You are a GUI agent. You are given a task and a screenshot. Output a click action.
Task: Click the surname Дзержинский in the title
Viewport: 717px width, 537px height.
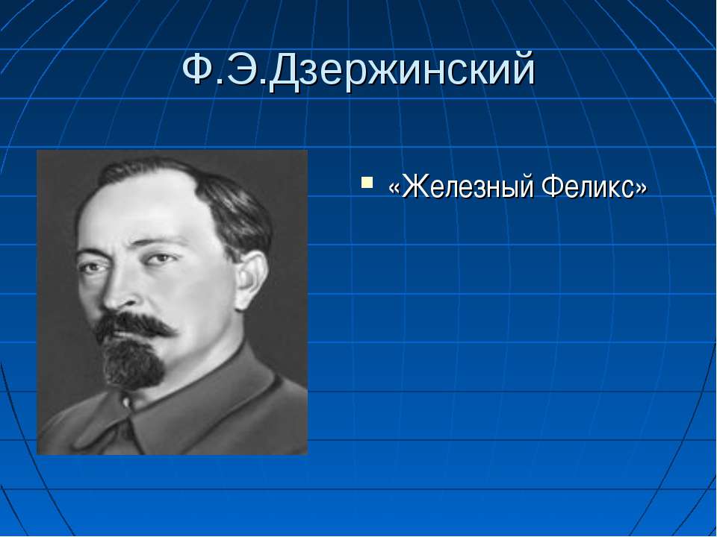click(401, 70)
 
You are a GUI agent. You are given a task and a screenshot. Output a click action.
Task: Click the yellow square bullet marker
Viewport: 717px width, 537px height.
click(367, 183)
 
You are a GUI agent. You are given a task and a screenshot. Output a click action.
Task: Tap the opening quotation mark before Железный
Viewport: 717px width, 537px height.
click(394, 188)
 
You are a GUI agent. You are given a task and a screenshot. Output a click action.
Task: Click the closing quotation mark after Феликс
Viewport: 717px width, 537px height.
click(640, 188)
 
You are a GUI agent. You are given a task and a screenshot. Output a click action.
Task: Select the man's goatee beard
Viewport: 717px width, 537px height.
click(133, 363)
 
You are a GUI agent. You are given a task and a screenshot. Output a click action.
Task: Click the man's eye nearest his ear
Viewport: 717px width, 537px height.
click(159, 259)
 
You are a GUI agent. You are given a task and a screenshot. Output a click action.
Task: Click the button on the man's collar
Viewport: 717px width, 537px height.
click(126, 403)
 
